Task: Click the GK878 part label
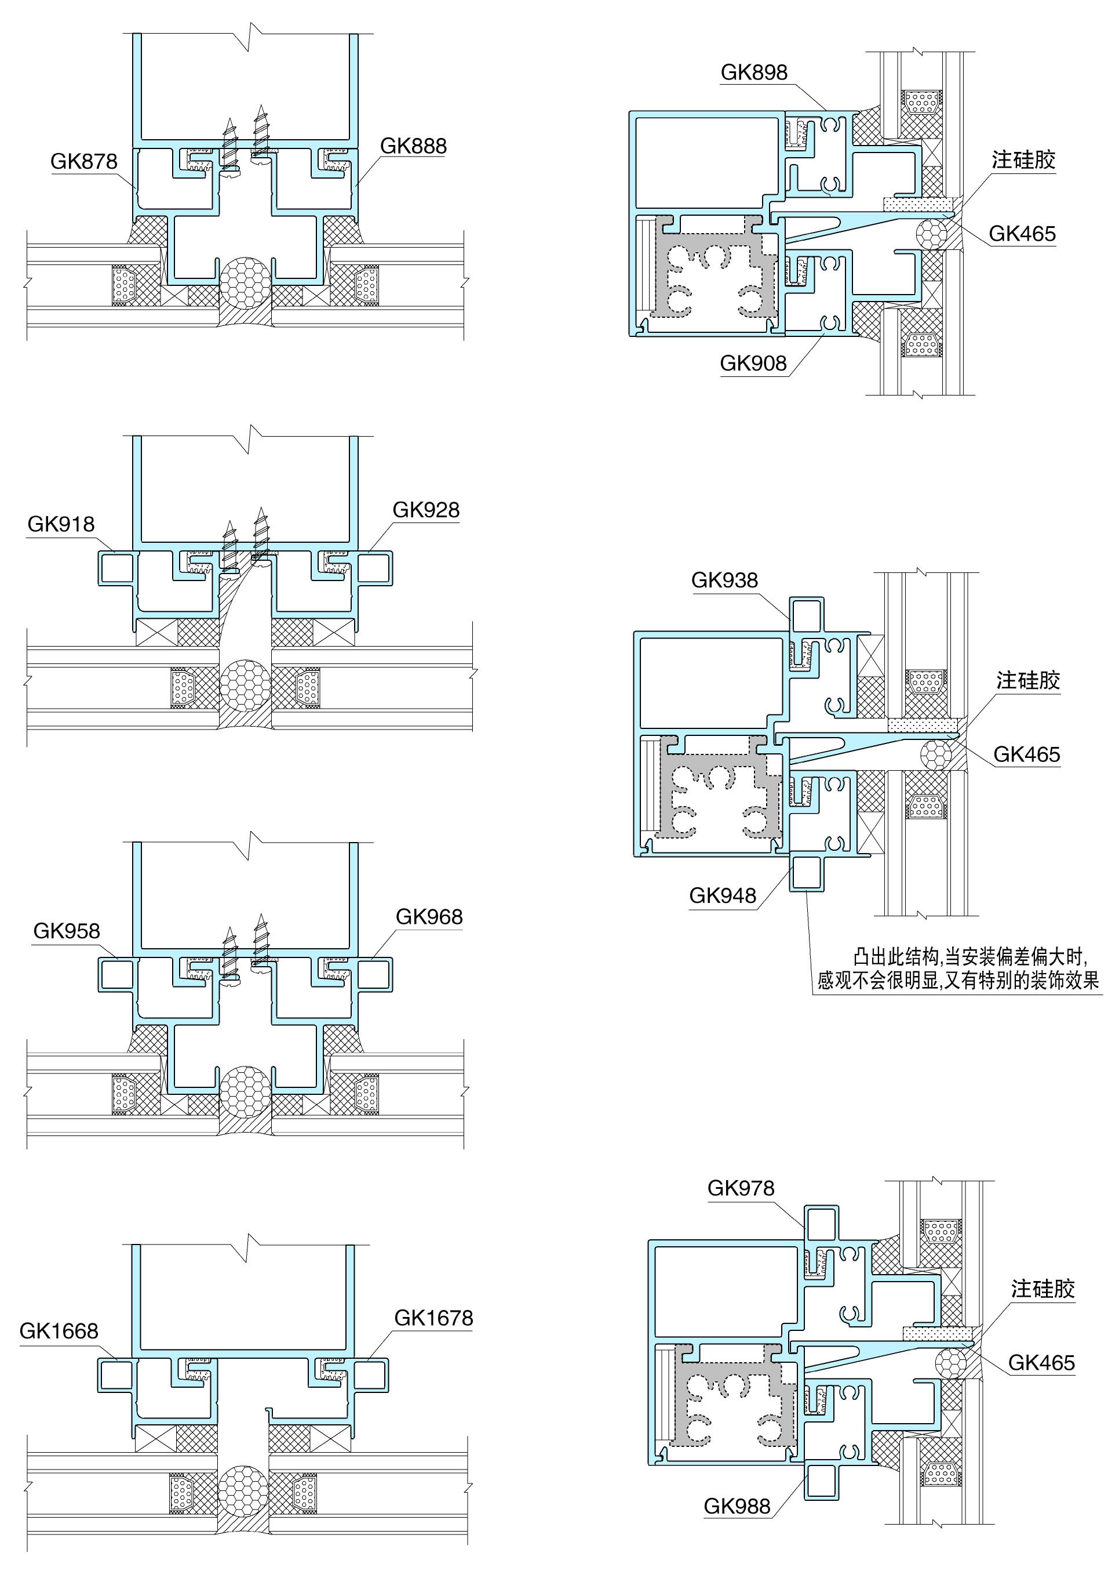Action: coord(84,161)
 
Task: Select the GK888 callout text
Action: coord(413,146)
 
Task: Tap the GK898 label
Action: coord(754,72)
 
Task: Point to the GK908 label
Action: coord(753,363)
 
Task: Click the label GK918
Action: coord(61,525)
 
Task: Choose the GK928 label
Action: coord(426,510)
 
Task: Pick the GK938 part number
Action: coord(724,580)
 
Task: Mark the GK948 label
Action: coord(723,895)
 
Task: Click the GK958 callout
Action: coord(67,931)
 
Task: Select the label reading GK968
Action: coord(429,917)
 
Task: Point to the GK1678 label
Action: coord(433,1318)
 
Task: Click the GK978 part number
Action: coord(741,1188)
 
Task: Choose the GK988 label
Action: coord(737,1506)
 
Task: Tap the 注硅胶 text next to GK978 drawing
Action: coord(1043,1289)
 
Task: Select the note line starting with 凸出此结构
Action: coord(970,957)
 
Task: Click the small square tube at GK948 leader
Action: coord(806,873)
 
